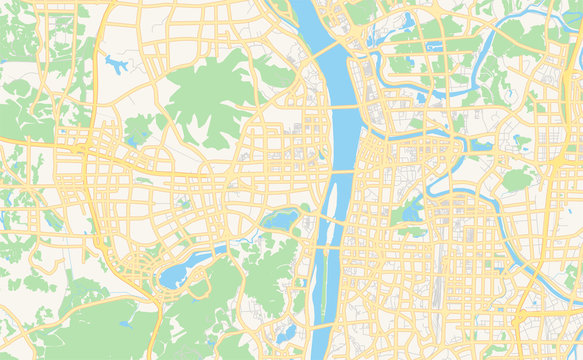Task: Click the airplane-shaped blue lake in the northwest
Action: point(117,67)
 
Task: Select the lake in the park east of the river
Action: point(411,211)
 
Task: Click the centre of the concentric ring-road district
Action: point(139,266)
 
